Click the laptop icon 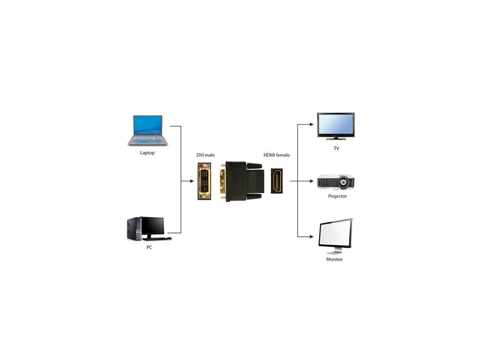[147, 130]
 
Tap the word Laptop [147, 153]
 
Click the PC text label [149, 247]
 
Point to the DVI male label [205, 155]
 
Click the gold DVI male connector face [204, 181]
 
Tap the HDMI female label [277, 155]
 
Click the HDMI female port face [276, 181]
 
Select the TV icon [336, 126]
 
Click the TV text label [337, 149]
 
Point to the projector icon [335, 182]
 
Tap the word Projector [337, 196]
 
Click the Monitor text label [335, 259]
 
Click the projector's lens [345, 181]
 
